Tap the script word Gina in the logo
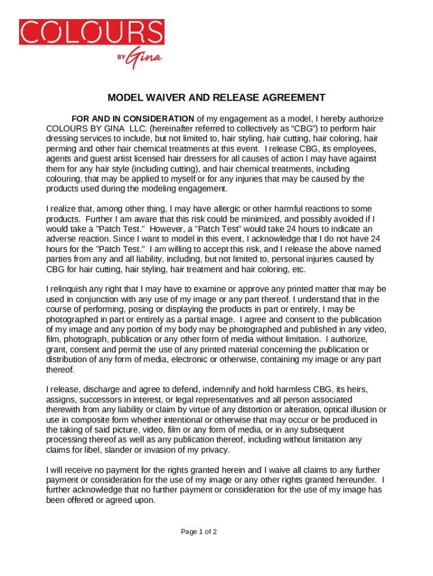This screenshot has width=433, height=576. click(145, 58)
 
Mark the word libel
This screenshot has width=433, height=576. click(94, 450)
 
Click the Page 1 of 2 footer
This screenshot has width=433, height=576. click(199, 532)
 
